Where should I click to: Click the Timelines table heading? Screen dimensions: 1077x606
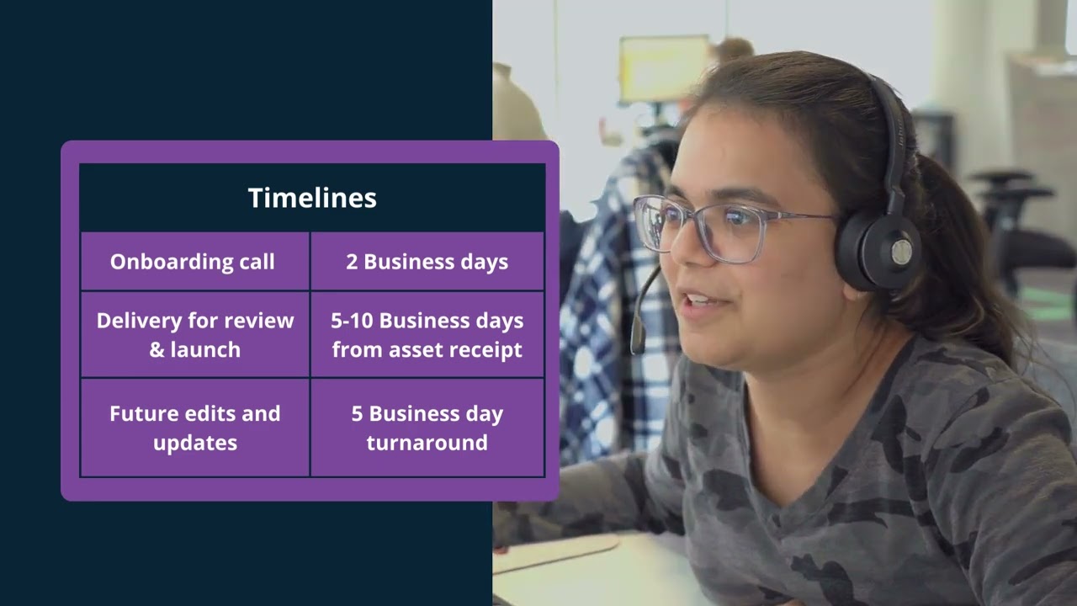click(x=312, y=198)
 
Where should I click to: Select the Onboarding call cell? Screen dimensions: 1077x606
click(x=194, y=262)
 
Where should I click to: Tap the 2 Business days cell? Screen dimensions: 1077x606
click(x=427, y=262)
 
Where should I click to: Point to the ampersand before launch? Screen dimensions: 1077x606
click(x=157, y=349)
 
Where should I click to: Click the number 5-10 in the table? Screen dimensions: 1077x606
click(x=352, y=321)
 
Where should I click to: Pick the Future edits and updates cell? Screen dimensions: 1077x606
click(x=194, y=428)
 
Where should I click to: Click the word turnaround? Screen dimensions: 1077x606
click(x=427, y=443)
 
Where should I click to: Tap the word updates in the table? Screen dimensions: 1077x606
click(x=195, y=444)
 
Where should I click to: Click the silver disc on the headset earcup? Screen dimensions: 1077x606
click(x=901, y=252)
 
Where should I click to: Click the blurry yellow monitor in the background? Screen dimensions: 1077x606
click(x=664, y=67)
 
